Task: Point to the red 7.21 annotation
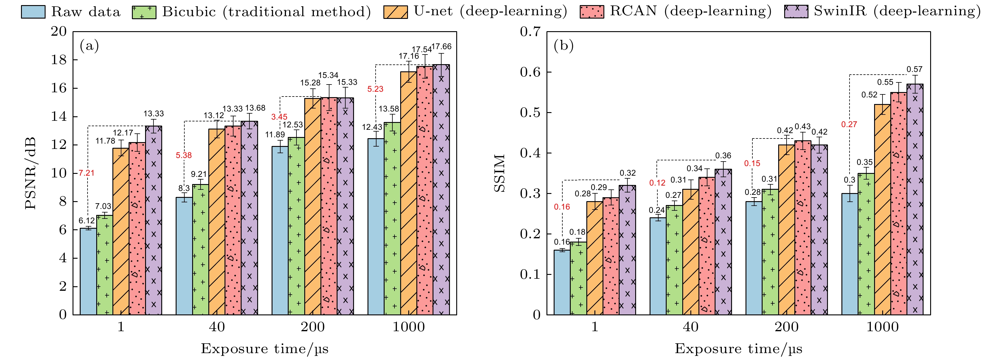pyautogui.click(x=86, y=173)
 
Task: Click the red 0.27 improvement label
pyautogui.click(x=849, y=124)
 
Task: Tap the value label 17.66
pyautogui.click(x=442, y=47)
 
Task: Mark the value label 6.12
pyautogui.click(x=86, y=221)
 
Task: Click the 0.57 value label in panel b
pyautogui.click(x=914, y=69)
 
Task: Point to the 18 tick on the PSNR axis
pyautogui.click(x=59, y=60)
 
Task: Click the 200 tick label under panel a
pyautogui.click(x=312, y=327)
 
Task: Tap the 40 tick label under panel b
pyautogui.click(x=690, y=327)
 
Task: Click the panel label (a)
pyautogui.click(x=89, y=46)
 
